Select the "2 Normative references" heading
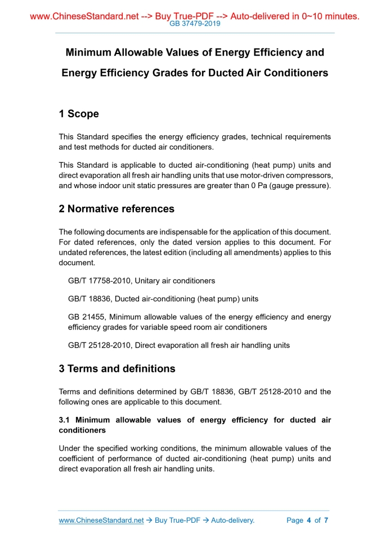pos(116,209)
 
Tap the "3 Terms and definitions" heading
pos(117,369)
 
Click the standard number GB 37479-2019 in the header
pos(195,24)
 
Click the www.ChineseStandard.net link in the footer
pos(101,520)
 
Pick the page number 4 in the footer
pos(309,520)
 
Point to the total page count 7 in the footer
pos(326,520)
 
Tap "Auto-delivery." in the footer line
pos(232,520)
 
